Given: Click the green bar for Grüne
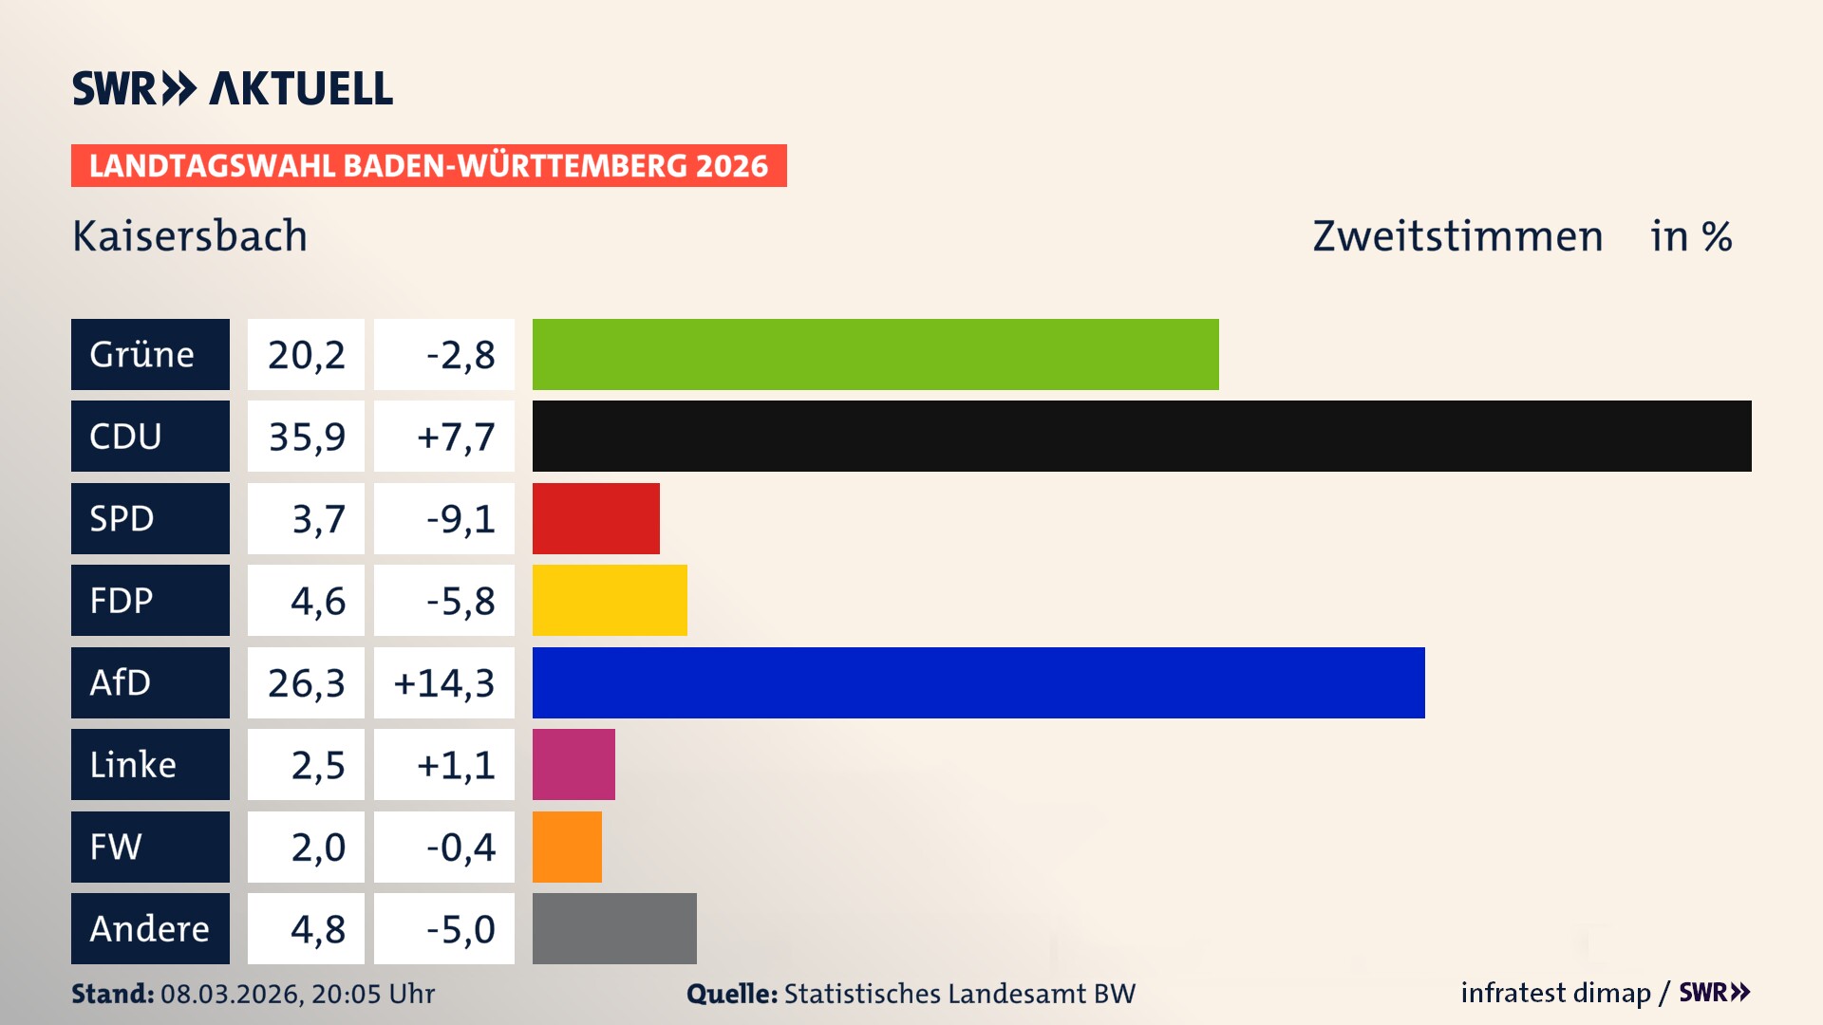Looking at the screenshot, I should pos(874,354).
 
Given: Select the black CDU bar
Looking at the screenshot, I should pos(1141,437).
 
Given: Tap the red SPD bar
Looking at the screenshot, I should pos(595,518).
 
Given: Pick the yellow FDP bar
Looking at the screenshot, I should pos(610,601).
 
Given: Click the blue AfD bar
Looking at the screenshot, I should pos(978,682).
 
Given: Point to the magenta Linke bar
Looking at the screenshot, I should pos(573,765).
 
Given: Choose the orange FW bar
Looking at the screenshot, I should pos(567,847).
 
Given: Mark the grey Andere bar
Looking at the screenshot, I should pos(614,928).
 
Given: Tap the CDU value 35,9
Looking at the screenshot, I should pos(306,437).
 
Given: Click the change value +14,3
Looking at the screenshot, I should pos(444,682).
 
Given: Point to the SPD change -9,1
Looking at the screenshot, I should pos(460,518).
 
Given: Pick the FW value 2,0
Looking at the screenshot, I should pos(317,847).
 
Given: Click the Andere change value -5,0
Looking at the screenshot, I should pos(460,928).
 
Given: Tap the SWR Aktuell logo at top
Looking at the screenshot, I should pos(233,88).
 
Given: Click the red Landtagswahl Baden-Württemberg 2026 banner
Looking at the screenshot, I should pos(428,166).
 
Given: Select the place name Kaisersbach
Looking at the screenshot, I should pos(190,236).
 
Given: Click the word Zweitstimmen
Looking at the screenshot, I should pos(1457,236).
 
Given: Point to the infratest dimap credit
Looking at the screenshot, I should pos(1555,993).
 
